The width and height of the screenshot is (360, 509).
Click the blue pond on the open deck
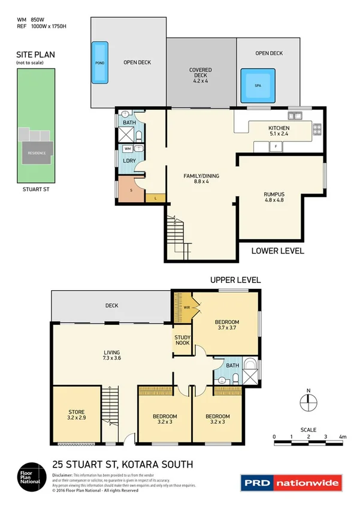pyautogui.click(x=99, y=62)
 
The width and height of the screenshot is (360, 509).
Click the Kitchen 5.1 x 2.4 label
pyautogui.click(x=279, y=131)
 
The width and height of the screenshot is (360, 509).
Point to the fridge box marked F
pyautogui.click(x=276, y=146)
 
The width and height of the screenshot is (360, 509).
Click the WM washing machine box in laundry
pyautogui.click(x=128, y=147)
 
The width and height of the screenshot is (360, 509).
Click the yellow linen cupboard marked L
pyautogui.click(x=156, y=197)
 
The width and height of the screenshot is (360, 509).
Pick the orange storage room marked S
pyautogui.click(x=131, y=189)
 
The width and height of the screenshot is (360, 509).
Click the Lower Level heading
pyautogui.click(x=277, y=251)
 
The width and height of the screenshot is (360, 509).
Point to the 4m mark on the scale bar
pyautogui.click(x=342, y=437)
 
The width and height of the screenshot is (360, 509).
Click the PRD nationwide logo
pyautogui.click(x=291, y=482)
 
